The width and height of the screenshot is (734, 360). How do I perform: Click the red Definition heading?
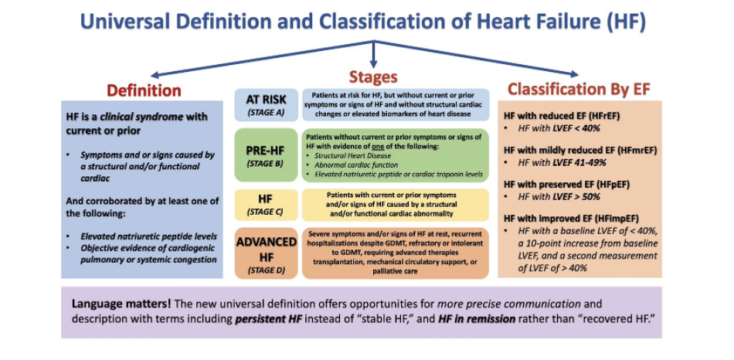[144, 90]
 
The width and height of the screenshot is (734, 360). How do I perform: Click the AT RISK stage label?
[266, 100]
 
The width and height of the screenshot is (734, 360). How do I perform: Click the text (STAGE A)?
[266, 113]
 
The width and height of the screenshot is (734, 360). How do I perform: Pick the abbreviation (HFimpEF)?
[626, 218]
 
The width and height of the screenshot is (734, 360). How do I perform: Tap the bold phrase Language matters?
[117, 304]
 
